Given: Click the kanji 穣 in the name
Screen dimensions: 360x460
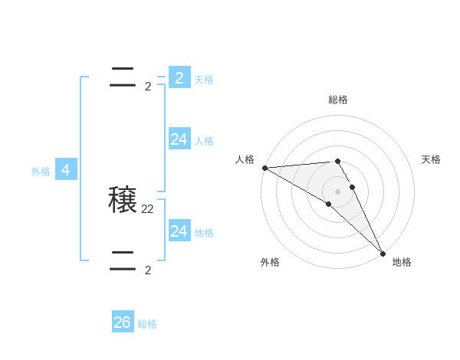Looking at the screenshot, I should [123, 201].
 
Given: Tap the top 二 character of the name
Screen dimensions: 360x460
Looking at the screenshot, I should [123, 78].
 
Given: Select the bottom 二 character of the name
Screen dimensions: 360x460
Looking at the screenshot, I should [123, 260].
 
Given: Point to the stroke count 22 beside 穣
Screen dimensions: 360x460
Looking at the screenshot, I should [148, 208].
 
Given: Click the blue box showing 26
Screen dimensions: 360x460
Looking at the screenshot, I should [122, 322].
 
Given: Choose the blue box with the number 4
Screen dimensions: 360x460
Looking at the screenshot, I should [66, 170].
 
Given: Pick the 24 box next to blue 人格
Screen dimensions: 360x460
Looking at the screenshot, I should [179, 139].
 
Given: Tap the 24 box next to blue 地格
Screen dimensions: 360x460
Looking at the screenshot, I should [179, 231].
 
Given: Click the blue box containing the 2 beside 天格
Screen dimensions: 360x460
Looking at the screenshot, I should [179, 77].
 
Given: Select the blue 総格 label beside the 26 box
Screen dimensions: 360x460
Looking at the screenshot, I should [147, 324].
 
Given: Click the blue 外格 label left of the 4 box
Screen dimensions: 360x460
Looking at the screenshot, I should [41, 172].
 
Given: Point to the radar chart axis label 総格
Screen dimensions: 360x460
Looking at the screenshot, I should [338, 100].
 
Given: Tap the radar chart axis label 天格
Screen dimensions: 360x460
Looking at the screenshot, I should [432, 159].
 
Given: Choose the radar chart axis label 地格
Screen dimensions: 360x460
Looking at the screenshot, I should [402, 262].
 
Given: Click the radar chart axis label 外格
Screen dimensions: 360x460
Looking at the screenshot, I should [270, 262].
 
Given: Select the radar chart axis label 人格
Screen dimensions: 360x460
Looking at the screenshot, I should [245, 159].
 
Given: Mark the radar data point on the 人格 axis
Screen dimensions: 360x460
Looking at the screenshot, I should [264, 168].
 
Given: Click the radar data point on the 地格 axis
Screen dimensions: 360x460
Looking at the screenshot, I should [383, 253].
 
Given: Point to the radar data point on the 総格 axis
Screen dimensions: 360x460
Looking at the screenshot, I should [337, 161].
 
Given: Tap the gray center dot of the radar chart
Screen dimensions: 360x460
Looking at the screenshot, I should [337, 191].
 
